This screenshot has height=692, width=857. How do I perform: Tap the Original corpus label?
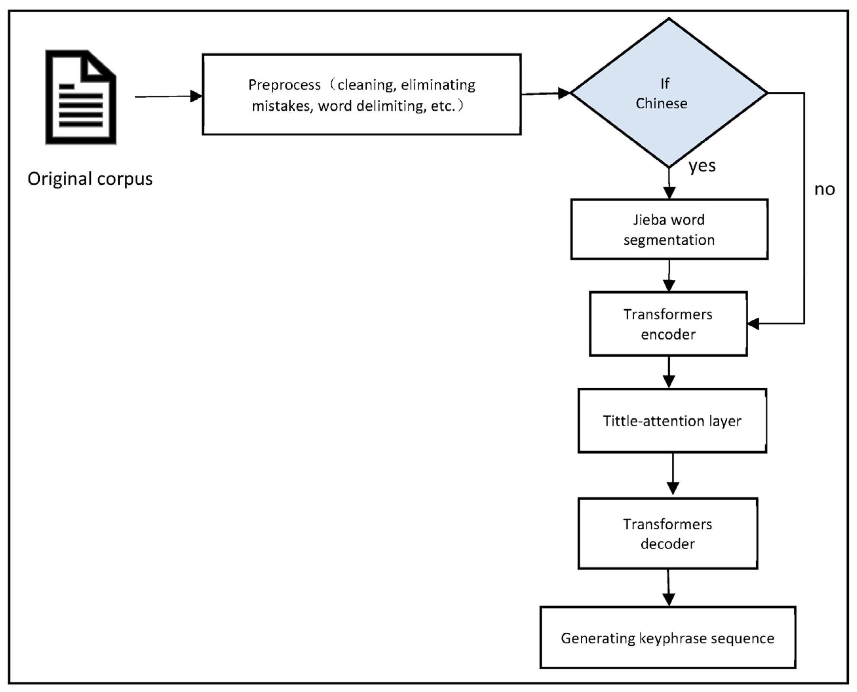[x=90, y=179]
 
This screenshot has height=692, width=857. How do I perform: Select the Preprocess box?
[x=361, y=94]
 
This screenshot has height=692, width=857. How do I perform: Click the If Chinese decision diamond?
[x=669, y=93]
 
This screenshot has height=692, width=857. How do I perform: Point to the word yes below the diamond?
[x=702, y=165]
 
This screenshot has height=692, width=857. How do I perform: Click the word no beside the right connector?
[x=824, y=189]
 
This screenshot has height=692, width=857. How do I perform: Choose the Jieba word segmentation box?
[x=669, y=230]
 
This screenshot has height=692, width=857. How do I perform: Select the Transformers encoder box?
[x=668, y=324]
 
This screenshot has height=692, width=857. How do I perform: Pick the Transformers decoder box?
[x=668, y=534]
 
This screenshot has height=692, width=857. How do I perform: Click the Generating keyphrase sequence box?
[x=668, y=638]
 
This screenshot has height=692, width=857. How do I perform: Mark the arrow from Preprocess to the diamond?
[x=546, y=94]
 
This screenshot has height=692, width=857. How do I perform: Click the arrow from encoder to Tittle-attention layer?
[x=669, y=372]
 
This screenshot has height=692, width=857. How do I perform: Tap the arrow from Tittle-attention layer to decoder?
[x=672, y=474]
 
